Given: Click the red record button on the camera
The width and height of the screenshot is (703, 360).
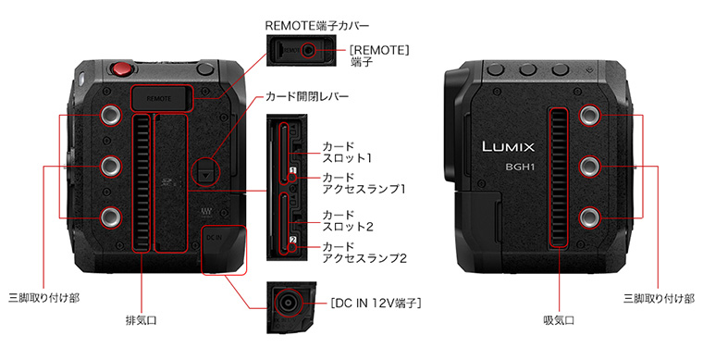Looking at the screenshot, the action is coord(122,68).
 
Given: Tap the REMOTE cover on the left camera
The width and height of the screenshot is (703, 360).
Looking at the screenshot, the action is coord(161,98).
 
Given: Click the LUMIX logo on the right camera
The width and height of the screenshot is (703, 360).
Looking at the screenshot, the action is coord(509,146).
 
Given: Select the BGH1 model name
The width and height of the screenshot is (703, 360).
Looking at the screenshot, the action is coord(520,167).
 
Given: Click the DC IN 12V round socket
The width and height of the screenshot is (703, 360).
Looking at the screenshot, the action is coord(286,303).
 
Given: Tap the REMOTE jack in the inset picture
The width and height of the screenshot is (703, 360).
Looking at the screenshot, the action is coord(307,50).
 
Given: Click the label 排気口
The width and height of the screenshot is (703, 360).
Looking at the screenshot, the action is coord(142,320).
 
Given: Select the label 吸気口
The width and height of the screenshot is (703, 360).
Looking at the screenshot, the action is coord(559,320).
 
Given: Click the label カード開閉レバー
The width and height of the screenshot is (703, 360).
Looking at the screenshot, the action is coord(307,96).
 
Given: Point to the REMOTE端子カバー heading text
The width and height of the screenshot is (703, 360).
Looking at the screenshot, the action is coord(317,26).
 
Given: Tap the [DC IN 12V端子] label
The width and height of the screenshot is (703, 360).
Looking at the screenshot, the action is coord(376,304).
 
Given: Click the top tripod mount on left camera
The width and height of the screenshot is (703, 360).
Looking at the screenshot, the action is coord(110,115).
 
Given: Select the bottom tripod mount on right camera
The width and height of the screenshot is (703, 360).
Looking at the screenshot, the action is coord(589,217).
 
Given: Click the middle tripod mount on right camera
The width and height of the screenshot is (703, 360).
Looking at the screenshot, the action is coord(589,167).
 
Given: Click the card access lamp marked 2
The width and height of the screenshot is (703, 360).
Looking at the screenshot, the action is coord(292,247).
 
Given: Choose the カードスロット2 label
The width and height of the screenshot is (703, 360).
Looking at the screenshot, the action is coord(348,220).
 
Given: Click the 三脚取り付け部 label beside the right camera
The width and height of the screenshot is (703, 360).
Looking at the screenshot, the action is coord(659,298).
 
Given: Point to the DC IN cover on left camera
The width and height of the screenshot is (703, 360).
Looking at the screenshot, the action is coord(224,250).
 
